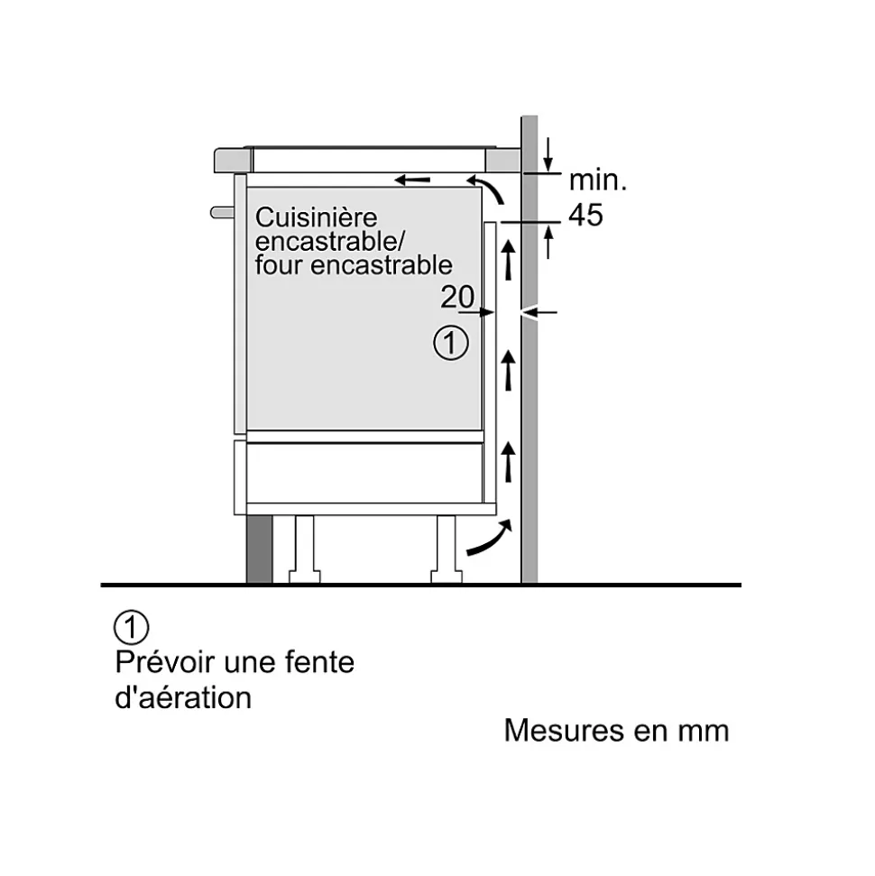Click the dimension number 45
tap(586, 215)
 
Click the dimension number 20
tap(457, 297)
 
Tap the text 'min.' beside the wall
tap(598, 180)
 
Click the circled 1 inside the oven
tap(451, 343)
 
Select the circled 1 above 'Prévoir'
tap(132, 627)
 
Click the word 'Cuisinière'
tap(317, 217)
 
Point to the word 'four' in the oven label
tap(279, 265)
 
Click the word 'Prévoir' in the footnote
tap(165, 662)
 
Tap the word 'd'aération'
tap(183, 697)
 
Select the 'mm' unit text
tap(704, 732)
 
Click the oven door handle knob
tap(222, 213)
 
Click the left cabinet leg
tap(305, 549)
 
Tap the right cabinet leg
tap(447, 549)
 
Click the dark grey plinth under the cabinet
tap(259, 549)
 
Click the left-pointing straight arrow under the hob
tap(412, 180)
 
